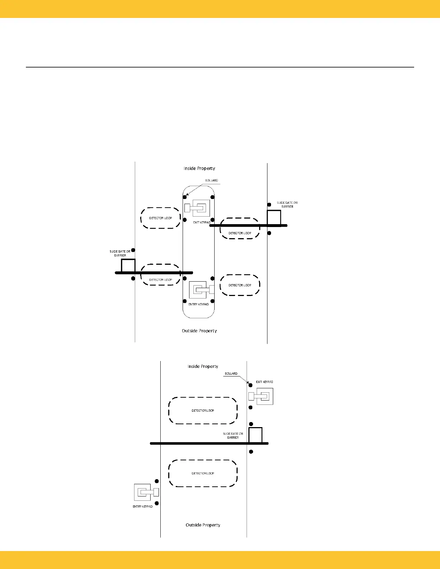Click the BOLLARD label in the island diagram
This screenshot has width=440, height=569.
[211, 180]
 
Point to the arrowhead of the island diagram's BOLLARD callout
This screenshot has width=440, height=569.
[188, 194]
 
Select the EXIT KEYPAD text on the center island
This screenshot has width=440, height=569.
[202, 222]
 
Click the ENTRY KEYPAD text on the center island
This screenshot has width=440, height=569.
[198, 304]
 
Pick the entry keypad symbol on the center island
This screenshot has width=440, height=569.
[201, 290]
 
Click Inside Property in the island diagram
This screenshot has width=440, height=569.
[199, 168]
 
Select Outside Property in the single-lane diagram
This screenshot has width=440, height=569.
[203, 525]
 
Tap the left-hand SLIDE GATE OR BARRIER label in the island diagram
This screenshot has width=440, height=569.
[120, 253]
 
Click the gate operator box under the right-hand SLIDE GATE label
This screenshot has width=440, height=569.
[274, 218]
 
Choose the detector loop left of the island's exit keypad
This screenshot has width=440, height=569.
[161, 218]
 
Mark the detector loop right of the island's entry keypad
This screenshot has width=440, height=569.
[240, 285]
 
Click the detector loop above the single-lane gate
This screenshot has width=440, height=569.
[203, 411]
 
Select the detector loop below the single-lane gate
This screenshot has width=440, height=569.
[203, 473]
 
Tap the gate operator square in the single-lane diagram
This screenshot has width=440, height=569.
[255, 435]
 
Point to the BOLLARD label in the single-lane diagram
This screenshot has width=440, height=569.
[231, 374]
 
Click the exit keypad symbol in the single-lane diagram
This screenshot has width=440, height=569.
[261, 396]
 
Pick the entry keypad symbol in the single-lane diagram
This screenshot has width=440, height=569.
[146, 492]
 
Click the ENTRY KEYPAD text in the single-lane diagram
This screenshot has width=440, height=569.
[143, 506]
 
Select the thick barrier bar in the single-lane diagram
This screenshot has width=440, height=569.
[201, 444]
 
